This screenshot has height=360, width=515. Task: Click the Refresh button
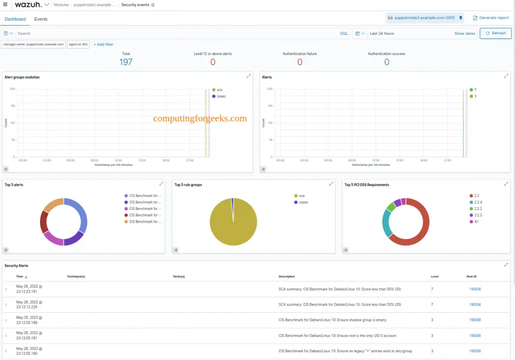pos(496,33)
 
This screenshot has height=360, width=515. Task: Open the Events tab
pos(41,19)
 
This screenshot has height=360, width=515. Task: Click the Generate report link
pos(491,18)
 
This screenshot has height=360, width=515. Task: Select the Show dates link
pos(465,33)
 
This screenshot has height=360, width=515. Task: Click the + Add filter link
pos(104,44)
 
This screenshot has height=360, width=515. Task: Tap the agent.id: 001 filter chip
pos(78,44)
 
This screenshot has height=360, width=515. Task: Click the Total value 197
pos(126,62)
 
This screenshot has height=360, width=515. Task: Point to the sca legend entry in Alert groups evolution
pos(219,90)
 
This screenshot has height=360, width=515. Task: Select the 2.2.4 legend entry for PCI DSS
pos(478,202)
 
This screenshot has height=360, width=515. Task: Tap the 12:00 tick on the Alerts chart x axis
pos(376,160)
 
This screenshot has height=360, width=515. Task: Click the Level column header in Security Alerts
pos(435,277)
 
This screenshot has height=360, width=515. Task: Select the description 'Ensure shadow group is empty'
pos(332,320)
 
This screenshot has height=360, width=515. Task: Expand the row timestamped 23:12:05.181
pos(6,335)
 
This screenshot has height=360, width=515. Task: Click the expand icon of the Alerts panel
pos(506,76)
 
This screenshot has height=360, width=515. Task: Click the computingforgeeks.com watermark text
pos(200,118)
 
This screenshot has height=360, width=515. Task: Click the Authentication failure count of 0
pos(299,62)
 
